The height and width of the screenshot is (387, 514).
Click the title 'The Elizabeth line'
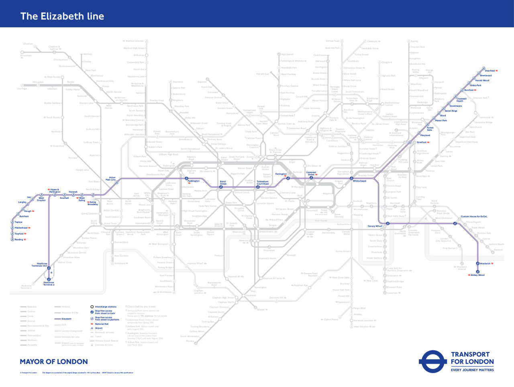click(x=62, y=16)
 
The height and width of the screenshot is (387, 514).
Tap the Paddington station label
click(x=193, y=181)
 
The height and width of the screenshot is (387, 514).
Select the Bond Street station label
click(x=223, y=183)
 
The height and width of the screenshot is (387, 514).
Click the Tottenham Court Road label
click(x=263, y=183)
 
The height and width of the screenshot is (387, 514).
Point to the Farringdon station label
click(x=281, y=174)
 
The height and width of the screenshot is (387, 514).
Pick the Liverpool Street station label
click(x=311, y=173)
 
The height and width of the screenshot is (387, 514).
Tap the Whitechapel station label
click(x=359, y=181)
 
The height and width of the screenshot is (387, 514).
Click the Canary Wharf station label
click(x=375, y=226)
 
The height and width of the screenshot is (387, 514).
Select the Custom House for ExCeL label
click(x=474, y=216)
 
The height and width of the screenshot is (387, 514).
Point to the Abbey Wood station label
click(x=477, y=275)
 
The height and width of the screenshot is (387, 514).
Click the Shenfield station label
click(x=490, y=71)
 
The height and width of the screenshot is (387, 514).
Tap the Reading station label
click(x=19, y=240)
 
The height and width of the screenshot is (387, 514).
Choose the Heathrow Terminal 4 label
click(x=49, y=283)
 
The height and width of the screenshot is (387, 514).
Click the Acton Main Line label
click(x=110, y=179)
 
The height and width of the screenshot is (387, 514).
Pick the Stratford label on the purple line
click(x=422, y=142)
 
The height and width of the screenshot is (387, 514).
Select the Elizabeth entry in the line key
click(x=66, y=319)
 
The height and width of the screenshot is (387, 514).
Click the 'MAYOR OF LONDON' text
click(x=54, y=362)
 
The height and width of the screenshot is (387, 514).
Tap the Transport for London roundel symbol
click(x=432, y=362)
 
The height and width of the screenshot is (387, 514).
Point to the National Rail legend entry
click(x=102, y=324)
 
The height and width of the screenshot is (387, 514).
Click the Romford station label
click(x=469, y=90)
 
